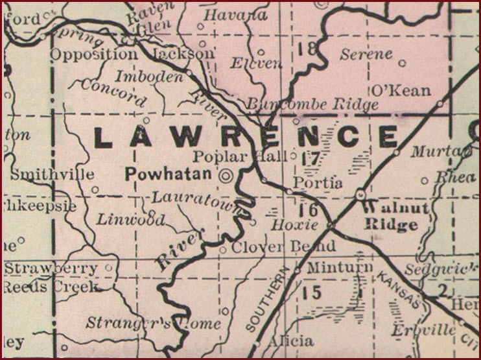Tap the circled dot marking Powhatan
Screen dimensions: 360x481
click(x=226, y=174)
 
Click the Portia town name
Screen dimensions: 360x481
click(x=318, y=183)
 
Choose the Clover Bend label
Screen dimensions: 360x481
click(x=284, y=246)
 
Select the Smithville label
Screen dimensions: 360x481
click(x=53, y=174)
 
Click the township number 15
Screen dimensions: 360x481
click(x=312, y=293)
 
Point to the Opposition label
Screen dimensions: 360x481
click(x=94, y=54)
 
